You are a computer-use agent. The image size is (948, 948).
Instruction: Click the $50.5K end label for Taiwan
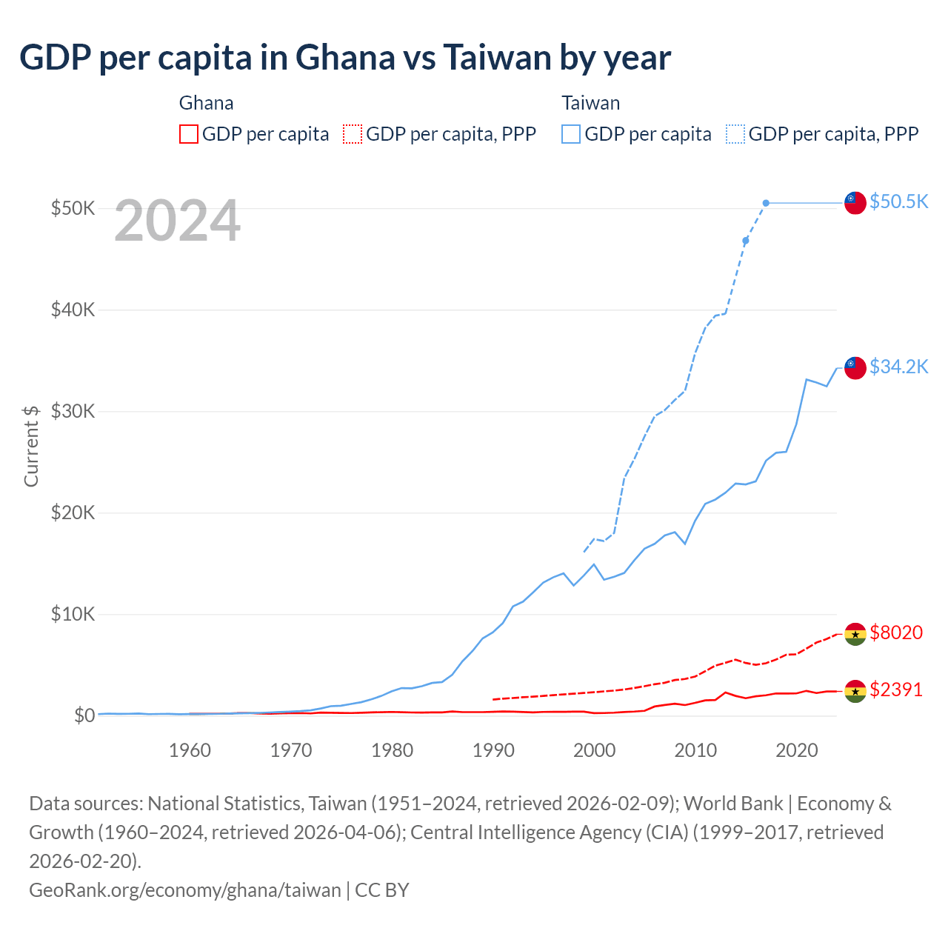(x=898, y=201)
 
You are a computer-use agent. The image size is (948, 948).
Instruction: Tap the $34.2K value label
(x=898, y=367)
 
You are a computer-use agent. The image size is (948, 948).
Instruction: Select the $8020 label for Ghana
(x=896, y=632)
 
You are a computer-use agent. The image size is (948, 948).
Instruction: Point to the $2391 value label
(x=896, y=690)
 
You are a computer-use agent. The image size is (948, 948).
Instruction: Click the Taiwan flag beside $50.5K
(x=855, y=202)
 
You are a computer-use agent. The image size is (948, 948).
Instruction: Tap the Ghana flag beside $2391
(x=855, y=691)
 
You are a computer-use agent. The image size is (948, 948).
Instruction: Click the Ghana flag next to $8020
(x=855, y=634)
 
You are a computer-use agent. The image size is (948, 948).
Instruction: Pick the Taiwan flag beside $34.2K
(x=855, y=367)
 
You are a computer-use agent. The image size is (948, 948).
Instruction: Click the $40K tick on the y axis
(x=73, y=310)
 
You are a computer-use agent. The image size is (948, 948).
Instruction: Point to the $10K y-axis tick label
(x=73, y=614)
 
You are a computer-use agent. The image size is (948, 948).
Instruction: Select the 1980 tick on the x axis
(x=393, y=750)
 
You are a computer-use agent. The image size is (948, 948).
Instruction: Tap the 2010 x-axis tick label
(x=695, y=750)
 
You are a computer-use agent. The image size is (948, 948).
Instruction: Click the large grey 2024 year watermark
(x=177, y=221)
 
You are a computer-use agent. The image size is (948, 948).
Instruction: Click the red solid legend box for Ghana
(x=189, y=134)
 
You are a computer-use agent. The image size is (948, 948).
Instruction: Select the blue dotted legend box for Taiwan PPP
(x=735, y=134)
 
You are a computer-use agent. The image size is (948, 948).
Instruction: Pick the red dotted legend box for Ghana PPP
(x=353, y=134)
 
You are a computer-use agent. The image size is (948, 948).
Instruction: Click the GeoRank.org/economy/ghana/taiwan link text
(x=185, y=889)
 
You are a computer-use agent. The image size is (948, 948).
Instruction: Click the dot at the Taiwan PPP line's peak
(x=766, y=203)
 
